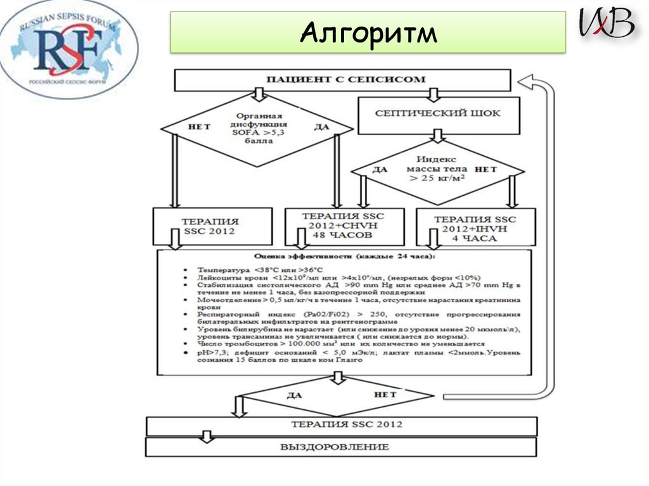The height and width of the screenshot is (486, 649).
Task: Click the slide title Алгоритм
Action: (368, 33)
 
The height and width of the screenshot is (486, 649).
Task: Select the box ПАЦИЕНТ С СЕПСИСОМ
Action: (342, 80)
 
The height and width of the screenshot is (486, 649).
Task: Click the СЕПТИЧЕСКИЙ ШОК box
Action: (437, 113)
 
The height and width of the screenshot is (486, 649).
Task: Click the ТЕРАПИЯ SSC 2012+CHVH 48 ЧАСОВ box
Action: (343, 226)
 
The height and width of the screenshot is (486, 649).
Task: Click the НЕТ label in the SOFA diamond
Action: (199, 127)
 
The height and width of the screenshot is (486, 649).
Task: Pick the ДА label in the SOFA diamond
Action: (322, 127)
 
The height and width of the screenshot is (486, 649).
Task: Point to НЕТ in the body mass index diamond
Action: (486, 169)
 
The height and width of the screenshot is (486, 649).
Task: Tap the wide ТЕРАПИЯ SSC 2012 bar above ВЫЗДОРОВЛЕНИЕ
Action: (342, 425)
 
